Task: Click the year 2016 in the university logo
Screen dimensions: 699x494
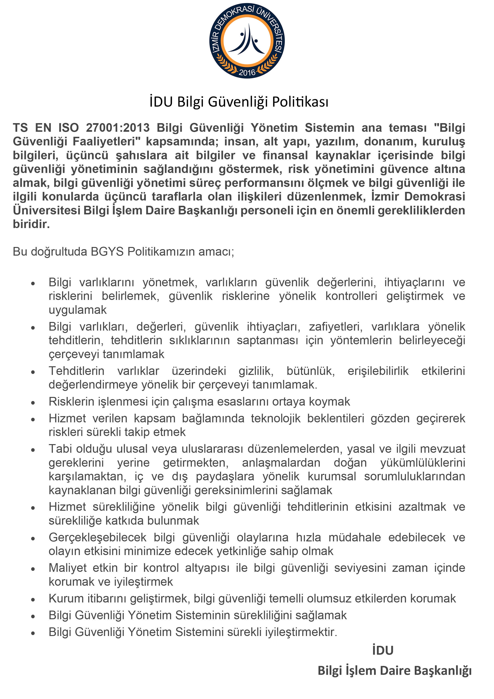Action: click(247, 72)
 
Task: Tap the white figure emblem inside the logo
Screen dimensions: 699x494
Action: click(247, 40)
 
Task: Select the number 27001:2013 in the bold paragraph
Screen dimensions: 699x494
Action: click(118, 128)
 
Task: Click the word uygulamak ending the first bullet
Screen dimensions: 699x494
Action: click(78, 310)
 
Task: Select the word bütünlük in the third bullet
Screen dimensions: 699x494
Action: click(311, 371)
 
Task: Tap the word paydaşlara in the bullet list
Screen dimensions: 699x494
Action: click(225, 476)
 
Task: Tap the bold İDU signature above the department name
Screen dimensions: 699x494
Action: click(383, 650)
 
